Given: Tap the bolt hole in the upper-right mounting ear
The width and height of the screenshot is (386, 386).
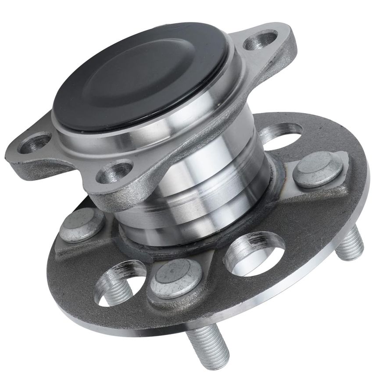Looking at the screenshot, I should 261,41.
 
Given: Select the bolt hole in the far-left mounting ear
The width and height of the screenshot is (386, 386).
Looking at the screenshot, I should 34,143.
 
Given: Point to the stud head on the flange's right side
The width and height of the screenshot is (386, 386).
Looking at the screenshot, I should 317,169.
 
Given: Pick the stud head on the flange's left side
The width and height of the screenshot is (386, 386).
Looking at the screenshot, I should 82,225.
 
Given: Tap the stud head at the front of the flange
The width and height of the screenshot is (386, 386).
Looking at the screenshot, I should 176,278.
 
